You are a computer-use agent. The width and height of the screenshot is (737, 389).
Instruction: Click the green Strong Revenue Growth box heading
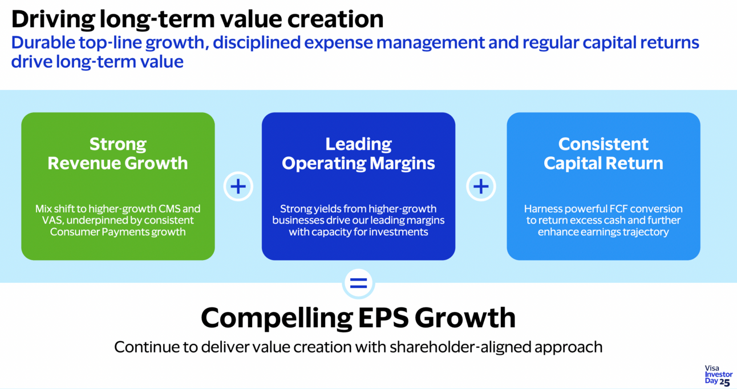click(x=118, y=153)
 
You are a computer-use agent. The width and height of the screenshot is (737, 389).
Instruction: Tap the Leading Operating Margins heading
click(x=358, y=153)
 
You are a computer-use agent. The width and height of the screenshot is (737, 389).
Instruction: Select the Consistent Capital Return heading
click(x=603, y=153)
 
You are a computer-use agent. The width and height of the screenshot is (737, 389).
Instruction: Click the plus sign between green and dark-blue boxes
click(x=238, y=187)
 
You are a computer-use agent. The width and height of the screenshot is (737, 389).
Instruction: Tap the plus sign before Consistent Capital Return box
click(x=481, y=187)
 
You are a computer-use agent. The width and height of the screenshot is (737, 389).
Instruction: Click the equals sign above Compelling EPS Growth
click(x=358, y=283)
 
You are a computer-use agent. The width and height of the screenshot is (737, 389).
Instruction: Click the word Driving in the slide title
click(x=51, y=19)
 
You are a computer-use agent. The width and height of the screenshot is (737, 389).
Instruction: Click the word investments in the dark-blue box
click(x=401, y=232)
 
